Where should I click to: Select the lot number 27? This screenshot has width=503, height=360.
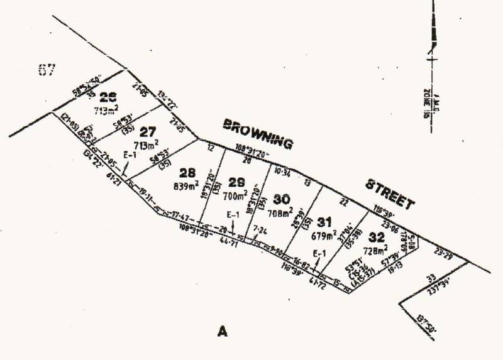[x=148, y=133]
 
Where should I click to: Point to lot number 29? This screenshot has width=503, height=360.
[x=237, y=182]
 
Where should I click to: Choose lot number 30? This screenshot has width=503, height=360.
[x=282, y=200]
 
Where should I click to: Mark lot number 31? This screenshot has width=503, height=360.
[x=324, y=221]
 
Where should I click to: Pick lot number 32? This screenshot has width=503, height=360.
[x=377, y=237]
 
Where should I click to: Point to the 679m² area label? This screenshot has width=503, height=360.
[x=324, y=236]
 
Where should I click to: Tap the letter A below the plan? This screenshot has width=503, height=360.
[x=221, y=331]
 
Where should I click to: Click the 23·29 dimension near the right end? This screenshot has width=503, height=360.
[x=444, y=255]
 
